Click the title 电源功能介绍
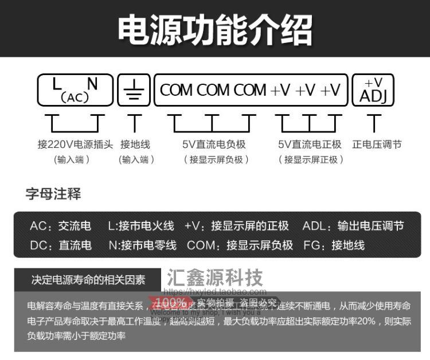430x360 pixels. click(215, 30)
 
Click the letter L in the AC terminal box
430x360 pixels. click(57, 84)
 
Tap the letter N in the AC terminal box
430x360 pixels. click(92, 84)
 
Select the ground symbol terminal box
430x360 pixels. click(134, 90)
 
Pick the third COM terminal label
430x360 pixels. click(250, 90)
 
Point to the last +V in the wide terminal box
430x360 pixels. click(330, 90)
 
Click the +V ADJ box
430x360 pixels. click(373, 90)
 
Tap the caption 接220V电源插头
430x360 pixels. click(75, 144)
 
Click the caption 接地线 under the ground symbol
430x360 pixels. click(134, 144)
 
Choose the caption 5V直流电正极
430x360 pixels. click(310, 144)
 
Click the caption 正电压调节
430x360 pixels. click(377, 144)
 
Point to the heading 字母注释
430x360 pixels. click(53, 194)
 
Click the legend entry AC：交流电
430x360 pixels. click(60, 226)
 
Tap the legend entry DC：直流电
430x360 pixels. click(60, 245)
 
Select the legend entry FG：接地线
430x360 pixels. click(334, 245)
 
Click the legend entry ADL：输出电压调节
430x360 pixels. click(353, 226)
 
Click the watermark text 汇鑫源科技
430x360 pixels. click(215, 277)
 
